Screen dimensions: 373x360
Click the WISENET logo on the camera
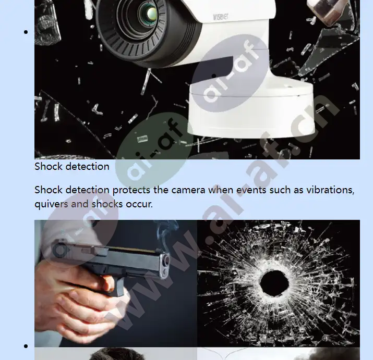coord(221,17)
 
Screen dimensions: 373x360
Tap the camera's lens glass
coord(150,13)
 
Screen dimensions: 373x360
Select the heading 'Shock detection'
coord(72,166)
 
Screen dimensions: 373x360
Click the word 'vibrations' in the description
coord(330,190)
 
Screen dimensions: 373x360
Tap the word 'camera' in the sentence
coord(188,190)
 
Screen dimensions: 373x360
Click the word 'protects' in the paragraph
coord(131,190)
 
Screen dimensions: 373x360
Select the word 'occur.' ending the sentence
coord(139,204)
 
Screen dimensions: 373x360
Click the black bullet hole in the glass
coord(275,283)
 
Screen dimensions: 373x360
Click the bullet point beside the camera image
coord(26,32)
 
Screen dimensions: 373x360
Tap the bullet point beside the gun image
coord(26,346)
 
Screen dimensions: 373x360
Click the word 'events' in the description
coord(251,190)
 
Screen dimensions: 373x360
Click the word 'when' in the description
coord(221,190)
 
